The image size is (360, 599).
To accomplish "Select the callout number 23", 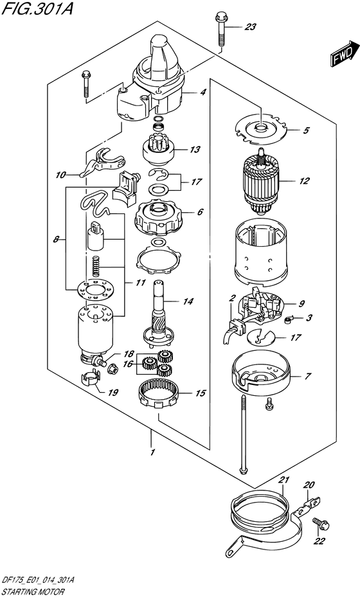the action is point(250,27).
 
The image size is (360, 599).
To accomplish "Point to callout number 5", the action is point(306,130).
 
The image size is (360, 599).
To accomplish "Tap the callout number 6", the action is point(201,212).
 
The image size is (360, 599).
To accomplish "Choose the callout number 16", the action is point(128,364).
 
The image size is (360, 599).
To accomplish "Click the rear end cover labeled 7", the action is point(262,375).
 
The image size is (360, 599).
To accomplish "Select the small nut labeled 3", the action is point(288,318).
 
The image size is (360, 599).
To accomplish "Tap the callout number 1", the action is point(153,452).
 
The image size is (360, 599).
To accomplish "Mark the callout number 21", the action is point(285,480).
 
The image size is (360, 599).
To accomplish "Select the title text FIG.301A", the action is point(37,8).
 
